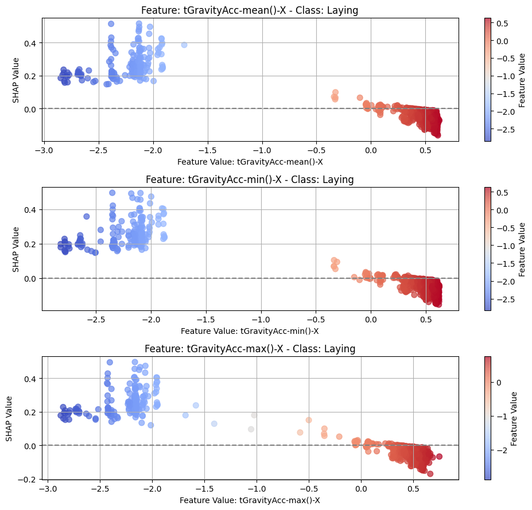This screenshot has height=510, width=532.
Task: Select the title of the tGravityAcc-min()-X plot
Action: pos(250,180)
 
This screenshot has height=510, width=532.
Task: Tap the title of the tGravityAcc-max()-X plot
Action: pos(250,349)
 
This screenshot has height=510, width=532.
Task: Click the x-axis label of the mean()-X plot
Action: pos(250,161)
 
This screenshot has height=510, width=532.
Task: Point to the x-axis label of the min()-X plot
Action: pos(250,331)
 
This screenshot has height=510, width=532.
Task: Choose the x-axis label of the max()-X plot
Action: pos(250,500)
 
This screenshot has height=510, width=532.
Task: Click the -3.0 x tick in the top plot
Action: pos(44,150)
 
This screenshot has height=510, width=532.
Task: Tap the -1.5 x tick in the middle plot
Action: pos(205,319)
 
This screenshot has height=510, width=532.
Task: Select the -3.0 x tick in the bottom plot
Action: pos(48,488)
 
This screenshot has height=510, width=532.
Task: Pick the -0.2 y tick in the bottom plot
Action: pos(30,479)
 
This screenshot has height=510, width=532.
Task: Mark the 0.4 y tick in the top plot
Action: pos(32,43)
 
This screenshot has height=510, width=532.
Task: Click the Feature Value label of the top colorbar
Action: pos(522,79)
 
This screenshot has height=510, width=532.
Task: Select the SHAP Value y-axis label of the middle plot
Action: pos(16,249)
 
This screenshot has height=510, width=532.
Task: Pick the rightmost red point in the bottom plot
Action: pos(439,457)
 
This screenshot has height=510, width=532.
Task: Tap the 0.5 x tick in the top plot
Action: pos(425,150)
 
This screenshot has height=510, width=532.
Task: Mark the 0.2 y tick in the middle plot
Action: pos(32,244)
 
